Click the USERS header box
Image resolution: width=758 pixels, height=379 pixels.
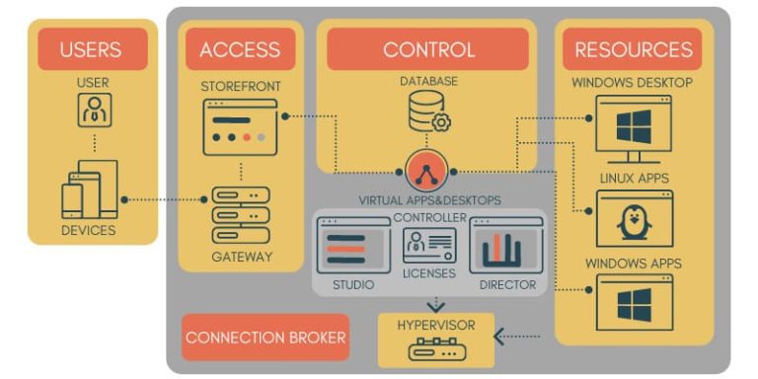(92, 49)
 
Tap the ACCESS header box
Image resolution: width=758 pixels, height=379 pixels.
(240, 49)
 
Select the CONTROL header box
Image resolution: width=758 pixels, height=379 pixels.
(428, 49)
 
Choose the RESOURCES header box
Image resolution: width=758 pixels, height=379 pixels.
(633, 49)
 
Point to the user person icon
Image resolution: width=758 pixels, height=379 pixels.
(94, 110)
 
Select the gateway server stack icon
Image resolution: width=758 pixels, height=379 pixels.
(240, 214)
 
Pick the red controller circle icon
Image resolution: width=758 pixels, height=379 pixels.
(426, 172)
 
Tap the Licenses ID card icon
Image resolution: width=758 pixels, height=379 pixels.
(429, 245)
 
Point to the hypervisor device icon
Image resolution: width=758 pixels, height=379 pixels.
(434, 348)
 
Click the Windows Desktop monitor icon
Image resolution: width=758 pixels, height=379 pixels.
(633, 129)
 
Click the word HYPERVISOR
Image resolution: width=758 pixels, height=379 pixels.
(434, 324)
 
